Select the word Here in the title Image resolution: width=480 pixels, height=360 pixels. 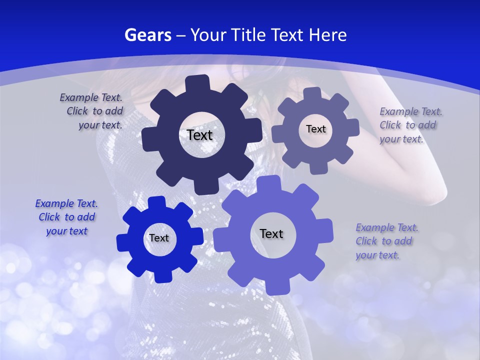pos(328,35)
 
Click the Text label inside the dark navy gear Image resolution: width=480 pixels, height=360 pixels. pos(200,135)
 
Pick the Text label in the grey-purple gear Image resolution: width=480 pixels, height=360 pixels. pos(315,129)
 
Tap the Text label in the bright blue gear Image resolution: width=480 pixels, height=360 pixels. pos(159,238)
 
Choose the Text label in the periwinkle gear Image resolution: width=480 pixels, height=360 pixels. pos(271,233)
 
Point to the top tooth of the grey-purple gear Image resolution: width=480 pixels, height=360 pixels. pos(312,93)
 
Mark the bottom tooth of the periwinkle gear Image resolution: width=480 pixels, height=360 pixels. pos(275,286)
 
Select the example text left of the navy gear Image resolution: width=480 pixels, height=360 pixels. pos(92,111)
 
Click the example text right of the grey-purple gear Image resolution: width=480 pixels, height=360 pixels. pos(410,125)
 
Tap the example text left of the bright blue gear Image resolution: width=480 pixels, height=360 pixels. pos(66,217)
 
